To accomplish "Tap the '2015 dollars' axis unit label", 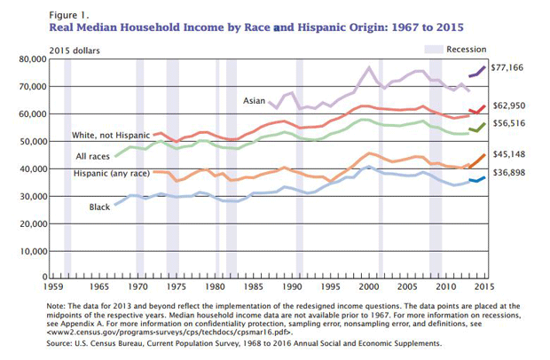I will tap(74, 48).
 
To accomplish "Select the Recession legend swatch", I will tap(433, 48).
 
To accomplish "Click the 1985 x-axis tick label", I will tap(253, 289).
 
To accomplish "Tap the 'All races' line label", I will tap(91, 157).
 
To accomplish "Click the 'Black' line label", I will tap(99, 207).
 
